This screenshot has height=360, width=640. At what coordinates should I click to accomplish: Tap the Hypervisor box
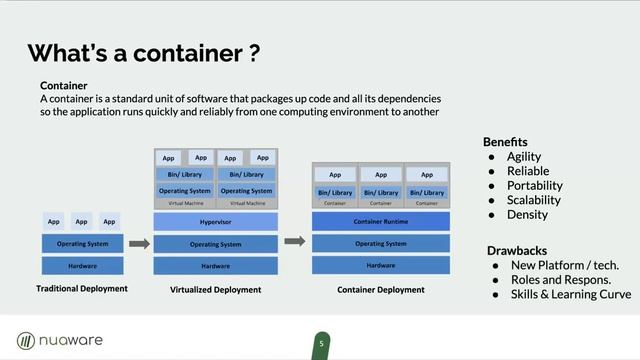point(215,221)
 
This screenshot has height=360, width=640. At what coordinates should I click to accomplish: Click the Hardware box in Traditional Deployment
point(83,265)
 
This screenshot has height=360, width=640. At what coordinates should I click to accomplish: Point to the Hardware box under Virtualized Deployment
point(215,266)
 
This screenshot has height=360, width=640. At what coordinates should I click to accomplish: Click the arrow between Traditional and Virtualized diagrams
point(139,243)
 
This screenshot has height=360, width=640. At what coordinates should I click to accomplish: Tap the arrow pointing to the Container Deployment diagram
point(295,241)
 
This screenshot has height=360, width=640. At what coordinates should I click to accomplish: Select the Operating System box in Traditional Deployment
point(83,243)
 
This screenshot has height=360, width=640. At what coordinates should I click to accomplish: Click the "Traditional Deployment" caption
point(82,289)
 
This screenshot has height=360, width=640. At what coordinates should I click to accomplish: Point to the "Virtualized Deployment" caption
point(216,290)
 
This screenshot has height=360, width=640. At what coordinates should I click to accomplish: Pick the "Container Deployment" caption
point(380,290)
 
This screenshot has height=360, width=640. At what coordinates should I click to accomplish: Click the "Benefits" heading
point(505,141)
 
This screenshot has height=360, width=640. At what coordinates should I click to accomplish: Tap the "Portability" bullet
point(534,185)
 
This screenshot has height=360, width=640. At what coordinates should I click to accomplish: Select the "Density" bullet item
point(527,214)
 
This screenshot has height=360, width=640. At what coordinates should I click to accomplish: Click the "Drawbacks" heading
point(516,248)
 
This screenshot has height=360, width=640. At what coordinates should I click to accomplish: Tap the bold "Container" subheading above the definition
point(65,86)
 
